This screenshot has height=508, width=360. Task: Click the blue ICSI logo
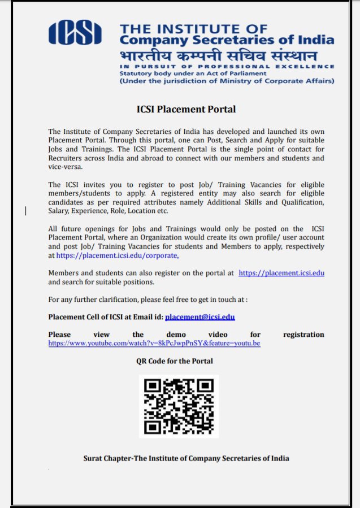[75, 32]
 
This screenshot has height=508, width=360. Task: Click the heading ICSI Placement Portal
[186, 109]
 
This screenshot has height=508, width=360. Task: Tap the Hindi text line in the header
[218, 57]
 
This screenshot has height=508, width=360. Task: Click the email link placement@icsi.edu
[200, 317]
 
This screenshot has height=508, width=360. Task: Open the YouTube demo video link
[154, 343]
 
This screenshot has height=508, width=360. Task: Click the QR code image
[179, 406]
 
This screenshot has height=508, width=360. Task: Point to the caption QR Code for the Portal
[174, 361]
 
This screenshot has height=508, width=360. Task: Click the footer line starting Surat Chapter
[186, 458]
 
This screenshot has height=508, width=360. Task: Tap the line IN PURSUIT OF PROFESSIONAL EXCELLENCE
[226, 67]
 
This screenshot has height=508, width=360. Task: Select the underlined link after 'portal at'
[281, 273]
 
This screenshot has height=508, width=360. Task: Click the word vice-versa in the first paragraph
[66, 167]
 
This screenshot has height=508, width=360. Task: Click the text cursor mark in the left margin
[26, 211]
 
